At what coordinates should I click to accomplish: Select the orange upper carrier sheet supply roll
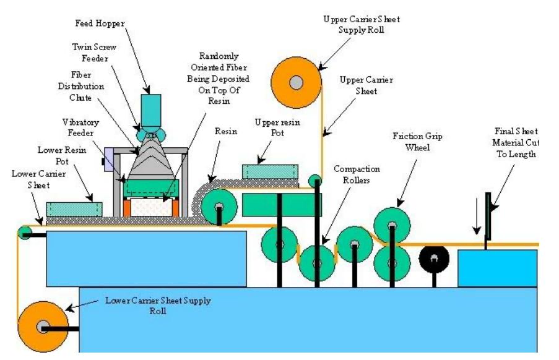point(297,81)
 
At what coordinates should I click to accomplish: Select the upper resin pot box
point(270,172)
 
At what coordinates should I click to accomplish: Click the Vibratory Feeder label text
point(81,128)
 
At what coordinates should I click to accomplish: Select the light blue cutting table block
point(497,268)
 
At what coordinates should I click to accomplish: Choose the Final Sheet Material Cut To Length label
point(516,143)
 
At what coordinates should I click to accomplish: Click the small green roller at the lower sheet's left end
point(25,233)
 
